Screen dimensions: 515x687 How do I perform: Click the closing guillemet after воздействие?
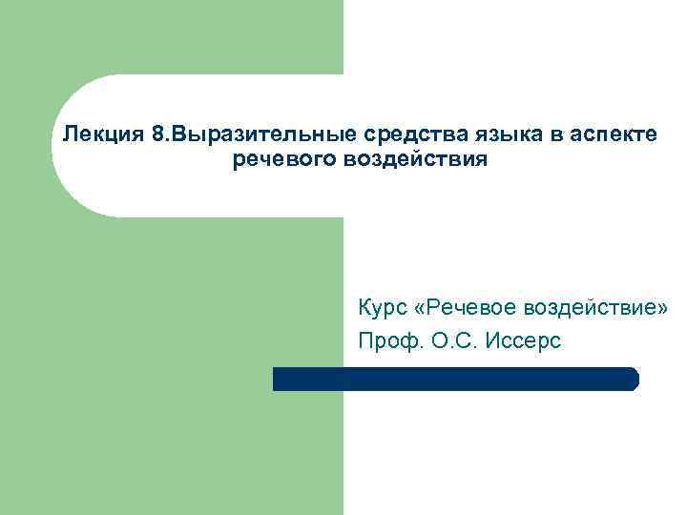click(664, 308)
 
